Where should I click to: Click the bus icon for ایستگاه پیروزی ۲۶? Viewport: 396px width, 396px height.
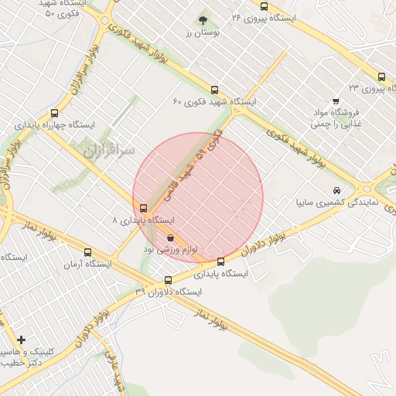pos(265,6)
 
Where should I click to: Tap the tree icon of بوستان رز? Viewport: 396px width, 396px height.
pos(203,19)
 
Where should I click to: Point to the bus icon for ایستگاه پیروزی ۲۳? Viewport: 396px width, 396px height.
pos(381,77)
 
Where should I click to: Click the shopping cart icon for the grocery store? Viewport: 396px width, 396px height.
pos(336,101)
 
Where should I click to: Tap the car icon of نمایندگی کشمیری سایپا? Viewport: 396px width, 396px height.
pos(336,190)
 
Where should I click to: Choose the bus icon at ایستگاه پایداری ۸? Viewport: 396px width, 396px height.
pos(144,207)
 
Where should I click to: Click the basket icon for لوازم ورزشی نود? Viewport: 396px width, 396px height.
pos(170,238)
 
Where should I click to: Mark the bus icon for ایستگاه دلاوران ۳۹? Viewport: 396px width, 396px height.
pos(169,280)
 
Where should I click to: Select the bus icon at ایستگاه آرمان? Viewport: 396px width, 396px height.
pos(87,252)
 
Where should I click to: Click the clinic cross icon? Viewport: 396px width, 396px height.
pos(21,340)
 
